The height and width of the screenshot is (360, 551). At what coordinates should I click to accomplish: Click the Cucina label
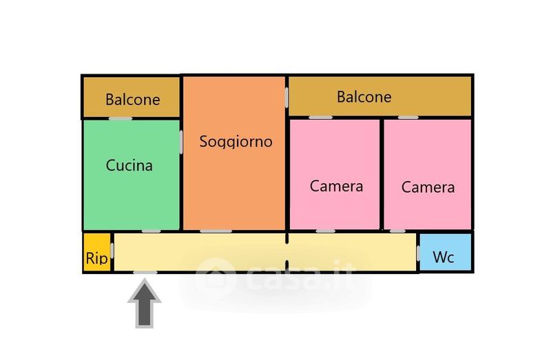129,166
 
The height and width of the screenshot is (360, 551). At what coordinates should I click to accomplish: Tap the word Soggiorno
236,142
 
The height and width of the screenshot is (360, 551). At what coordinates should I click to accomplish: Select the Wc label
444,257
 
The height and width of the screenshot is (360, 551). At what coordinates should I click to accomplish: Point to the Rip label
96,258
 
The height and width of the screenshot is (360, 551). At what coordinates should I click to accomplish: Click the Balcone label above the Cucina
132,100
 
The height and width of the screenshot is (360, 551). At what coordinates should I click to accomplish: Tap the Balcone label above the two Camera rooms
364,97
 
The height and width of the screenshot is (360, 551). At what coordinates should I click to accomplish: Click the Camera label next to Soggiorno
336,186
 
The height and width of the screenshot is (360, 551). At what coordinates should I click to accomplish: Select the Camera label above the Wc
428,187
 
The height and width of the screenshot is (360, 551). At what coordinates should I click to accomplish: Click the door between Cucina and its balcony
121,118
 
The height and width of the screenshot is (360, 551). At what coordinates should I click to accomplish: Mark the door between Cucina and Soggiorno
180,142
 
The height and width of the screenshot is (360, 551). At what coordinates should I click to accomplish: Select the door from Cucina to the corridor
152,231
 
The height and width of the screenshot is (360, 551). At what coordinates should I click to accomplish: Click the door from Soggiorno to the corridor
216,231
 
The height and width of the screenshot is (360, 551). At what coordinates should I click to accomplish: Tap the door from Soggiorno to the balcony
287,98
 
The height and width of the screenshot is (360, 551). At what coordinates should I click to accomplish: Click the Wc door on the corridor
418,252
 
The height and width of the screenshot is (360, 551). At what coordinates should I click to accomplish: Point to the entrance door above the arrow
145,272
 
